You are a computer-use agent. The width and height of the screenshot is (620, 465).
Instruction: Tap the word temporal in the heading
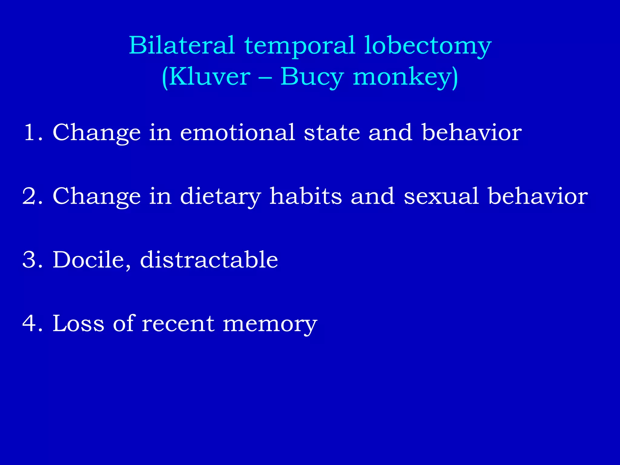click(x=299, y=46)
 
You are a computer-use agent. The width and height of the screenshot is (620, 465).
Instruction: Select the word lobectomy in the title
click(x=427, y=46)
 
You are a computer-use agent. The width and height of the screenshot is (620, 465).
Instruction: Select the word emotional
click(x=237, y=132)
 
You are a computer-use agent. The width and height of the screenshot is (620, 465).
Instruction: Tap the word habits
click(x=306, y=196)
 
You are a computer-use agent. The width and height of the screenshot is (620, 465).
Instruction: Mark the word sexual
click(x=441, y=196)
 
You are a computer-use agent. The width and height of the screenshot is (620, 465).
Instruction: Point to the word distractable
click(x=209, y=260)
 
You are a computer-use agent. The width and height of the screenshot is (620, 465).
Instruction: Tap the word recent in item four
click(x=178, y=323)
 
